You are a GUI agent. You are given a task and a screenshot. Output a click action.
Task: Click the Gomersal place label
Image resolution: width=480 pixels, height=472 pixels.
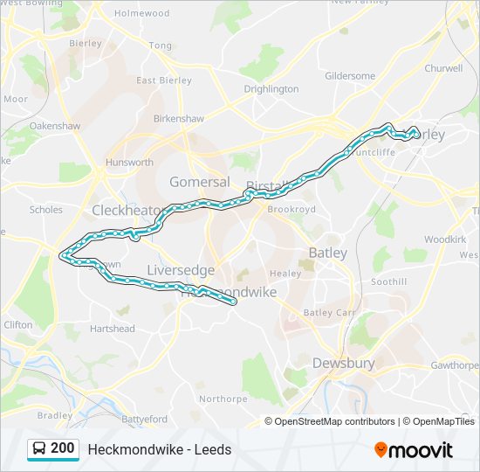pos(199,182)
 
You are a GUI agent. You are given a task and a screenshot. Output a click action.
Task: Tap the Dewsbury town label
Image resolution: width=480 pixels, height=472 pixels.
pos(343,363)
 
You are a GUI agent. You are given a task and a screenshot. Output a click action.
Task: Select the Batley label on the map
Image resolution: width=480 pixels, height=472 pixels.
pos(327,253)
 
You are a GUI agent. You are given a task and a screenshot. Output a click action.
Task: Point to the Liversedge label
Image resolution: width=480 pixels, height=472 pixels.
pos(181,270)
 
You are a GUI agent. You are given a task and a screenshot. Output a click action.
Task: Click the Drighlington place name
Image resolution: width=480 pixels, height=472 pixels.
pos(271,89)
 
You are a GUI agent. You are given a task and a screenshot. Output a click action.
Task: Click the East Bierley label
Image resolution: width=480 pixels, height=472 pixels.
pos(158,80)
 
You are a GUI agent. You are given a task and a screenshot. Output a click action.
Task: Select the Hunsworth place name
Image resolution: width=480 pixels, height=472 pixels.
pos(129,163)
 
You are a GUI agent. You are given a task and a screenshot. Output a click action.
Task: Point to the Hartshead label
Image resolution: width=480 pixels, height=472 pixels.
pos(112,329)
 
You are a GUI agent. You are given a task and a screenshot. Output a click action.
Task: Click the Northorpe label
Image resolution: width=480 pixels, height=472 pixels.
pos(223,399)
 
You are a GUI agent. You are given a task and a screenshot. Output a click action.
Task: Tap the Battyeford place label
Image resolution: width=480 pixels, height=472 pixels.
pos(144,420)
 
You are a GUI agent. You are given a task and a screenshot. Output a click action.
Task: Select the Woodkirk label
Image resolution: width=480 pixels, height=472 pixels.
pos(445,239)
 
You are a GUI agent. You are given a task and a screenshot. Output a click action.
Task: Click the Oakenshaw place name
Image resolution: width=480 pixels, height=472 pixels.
pos(54,126)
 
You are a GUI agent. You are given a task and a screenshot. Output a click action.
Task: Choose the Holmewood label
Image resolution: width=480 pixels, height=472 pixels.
pos(141,14)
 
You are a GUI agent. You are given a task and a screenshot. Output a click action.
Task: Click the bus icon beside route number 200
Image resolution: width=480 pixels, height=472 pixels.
pos(39,449)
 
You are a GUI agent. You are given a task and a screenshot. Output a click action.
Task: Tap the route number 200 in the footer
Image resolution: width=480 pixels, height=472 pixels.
pos(63,448)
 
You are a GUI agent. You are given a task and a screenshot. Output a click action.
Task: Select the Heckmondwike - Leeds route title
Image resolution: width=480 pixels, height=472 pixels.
pos(160,450)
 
